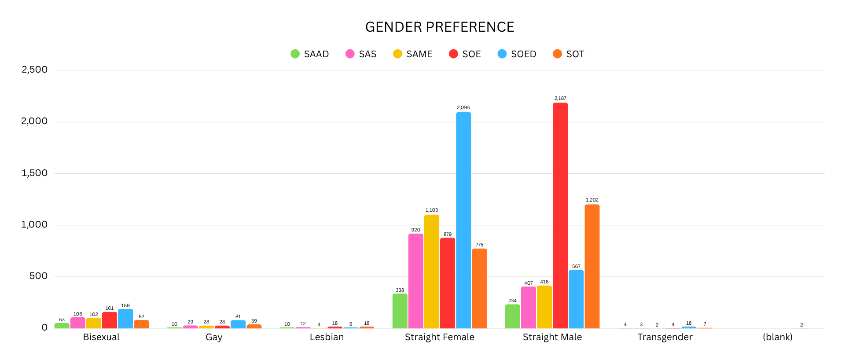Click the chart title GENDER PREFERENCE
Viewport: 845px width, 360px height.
coord(440,27)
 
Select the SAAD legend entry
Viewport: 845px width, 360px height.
coord(310,54)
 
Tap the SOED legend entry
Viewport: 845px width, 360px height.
coord(517,54)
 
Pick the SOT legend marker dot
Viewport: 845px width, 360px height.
coord(557,54)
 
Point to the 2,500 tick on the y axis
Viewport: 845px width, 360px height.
coord(35,70)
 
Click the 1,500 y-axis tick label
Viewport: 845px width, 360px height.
coord(35,173)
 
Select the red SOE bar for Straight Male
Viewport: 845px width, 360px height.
coord(560,216)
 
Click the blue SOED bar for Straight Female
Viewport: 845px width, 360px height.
coord(463,220)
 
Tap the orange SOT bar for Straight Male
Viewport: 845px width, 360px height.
coord(592,266)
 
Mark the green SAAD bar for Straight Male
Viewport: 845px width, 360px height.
coord(513,316)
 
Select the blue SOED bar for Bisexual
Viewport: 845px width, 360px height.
coord(125,319)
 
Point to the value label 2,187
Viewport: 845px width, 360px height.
coord(560,98)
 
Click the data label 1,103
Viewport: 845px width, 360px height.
coord(432,210)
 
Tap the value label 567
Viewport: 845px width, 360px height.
coord(576,266)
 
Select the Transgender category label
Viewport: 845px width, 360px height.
coord(665,337)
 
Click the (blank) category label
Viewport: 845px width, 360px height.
coord(778,337)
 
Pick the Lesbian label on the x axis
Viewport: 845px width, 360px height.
coord(327,337)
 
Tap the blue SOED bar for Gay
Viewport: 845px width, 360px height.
coord(238,324)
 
